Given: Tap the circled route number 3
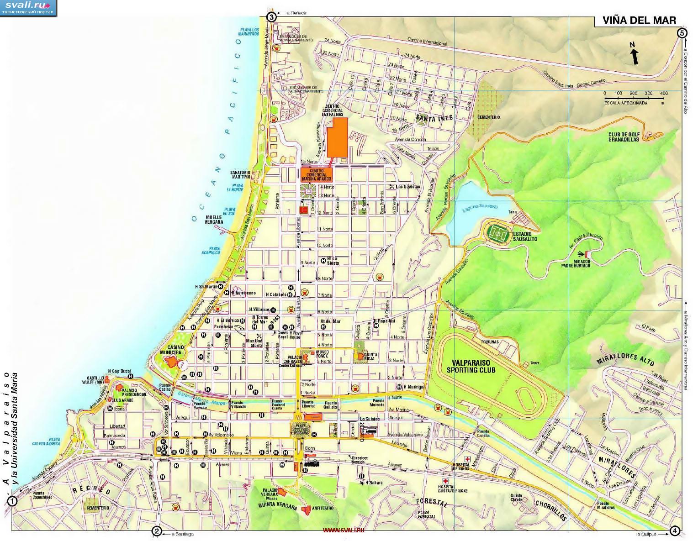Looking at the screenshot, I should (x=271, y=18).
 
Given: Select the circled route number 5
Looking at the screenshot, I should (x=682, y=33).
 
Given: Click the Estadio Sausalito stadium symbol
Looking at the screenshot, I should (x=497, y=233).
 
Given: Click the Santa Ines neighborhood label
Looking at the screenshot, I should (x=434, y=118).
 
